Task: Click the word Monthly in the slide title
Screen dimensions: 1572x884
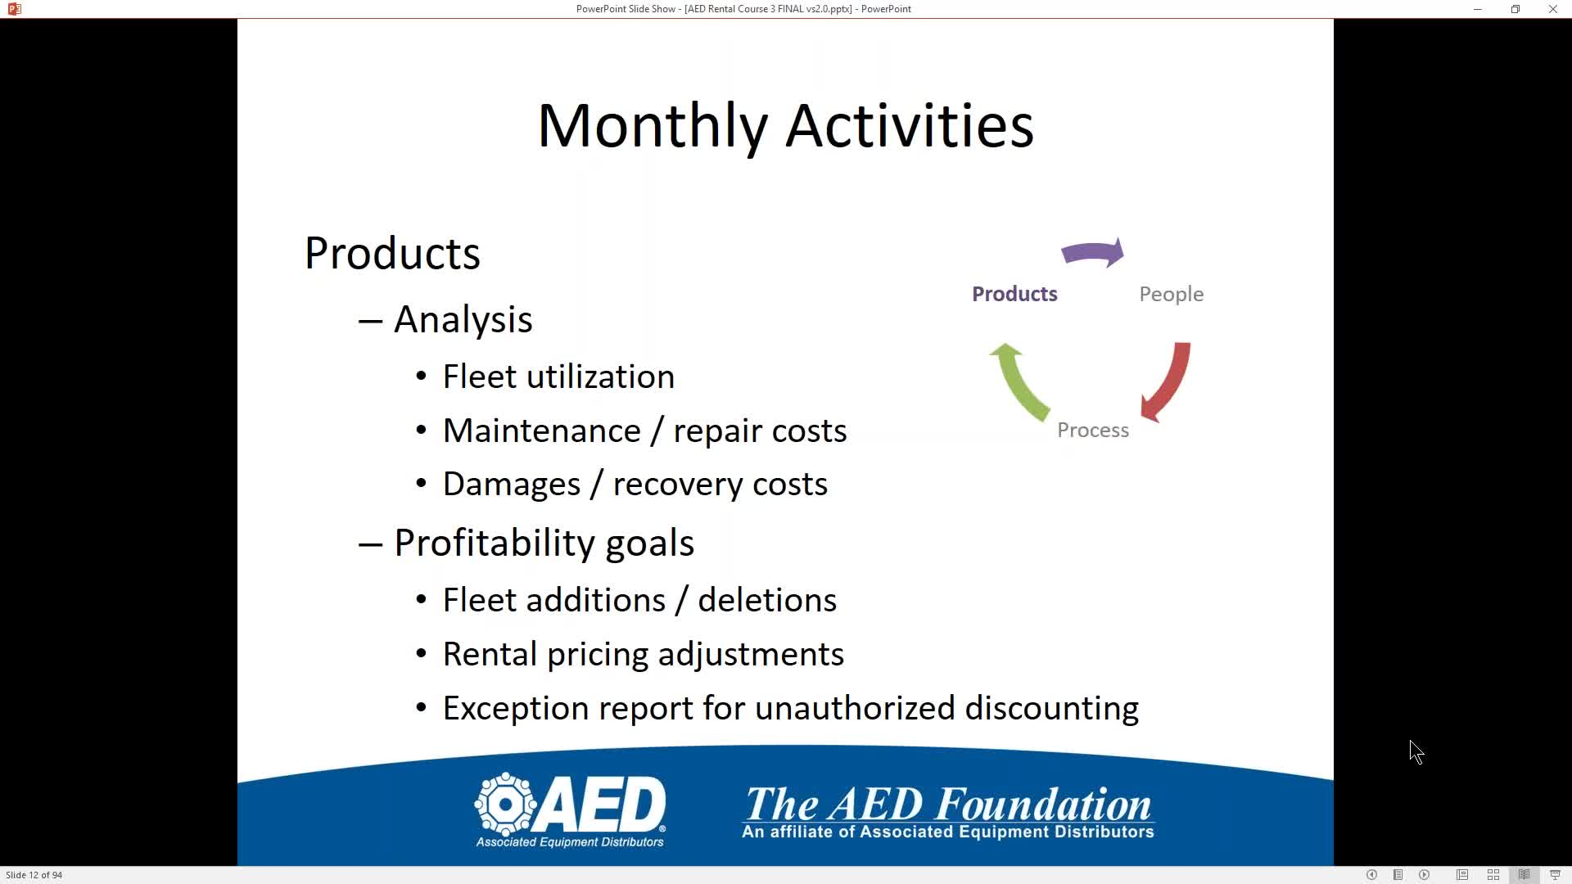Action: point(653,127)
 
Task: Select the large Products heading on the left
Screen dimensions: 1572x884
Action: point(392,253)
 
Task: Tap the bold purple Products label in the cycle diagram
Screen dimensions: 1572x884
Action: point(1014,294)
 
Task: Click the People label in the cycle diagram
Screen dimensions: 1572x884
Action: point(1171,295)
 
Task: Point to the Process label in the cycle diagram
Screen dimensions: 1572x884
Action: point(1093,430)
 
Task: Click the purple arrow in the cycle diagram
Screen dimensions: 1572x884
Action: point(1093,253)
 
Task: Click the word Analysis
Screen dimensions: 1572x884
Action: point(463,320)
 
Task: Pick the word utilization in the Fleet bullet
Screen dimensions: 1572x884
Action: point(601,377)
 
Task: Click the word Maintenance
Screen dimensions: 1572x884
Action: point(541,431)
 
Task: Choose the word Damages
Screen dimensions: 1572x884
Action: point(512,485)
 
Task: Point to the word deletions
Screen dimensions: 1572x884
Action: point(767,600)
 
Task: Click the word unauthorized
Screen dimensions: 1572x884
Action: point(855,708)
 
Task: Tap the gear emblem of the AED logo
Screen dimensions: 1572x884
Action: point(506,804)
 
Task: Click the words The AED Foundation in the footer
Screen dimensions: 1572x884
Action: point(948,805)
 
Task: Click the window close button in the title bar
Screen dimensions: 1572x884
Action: point(1553,9)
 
